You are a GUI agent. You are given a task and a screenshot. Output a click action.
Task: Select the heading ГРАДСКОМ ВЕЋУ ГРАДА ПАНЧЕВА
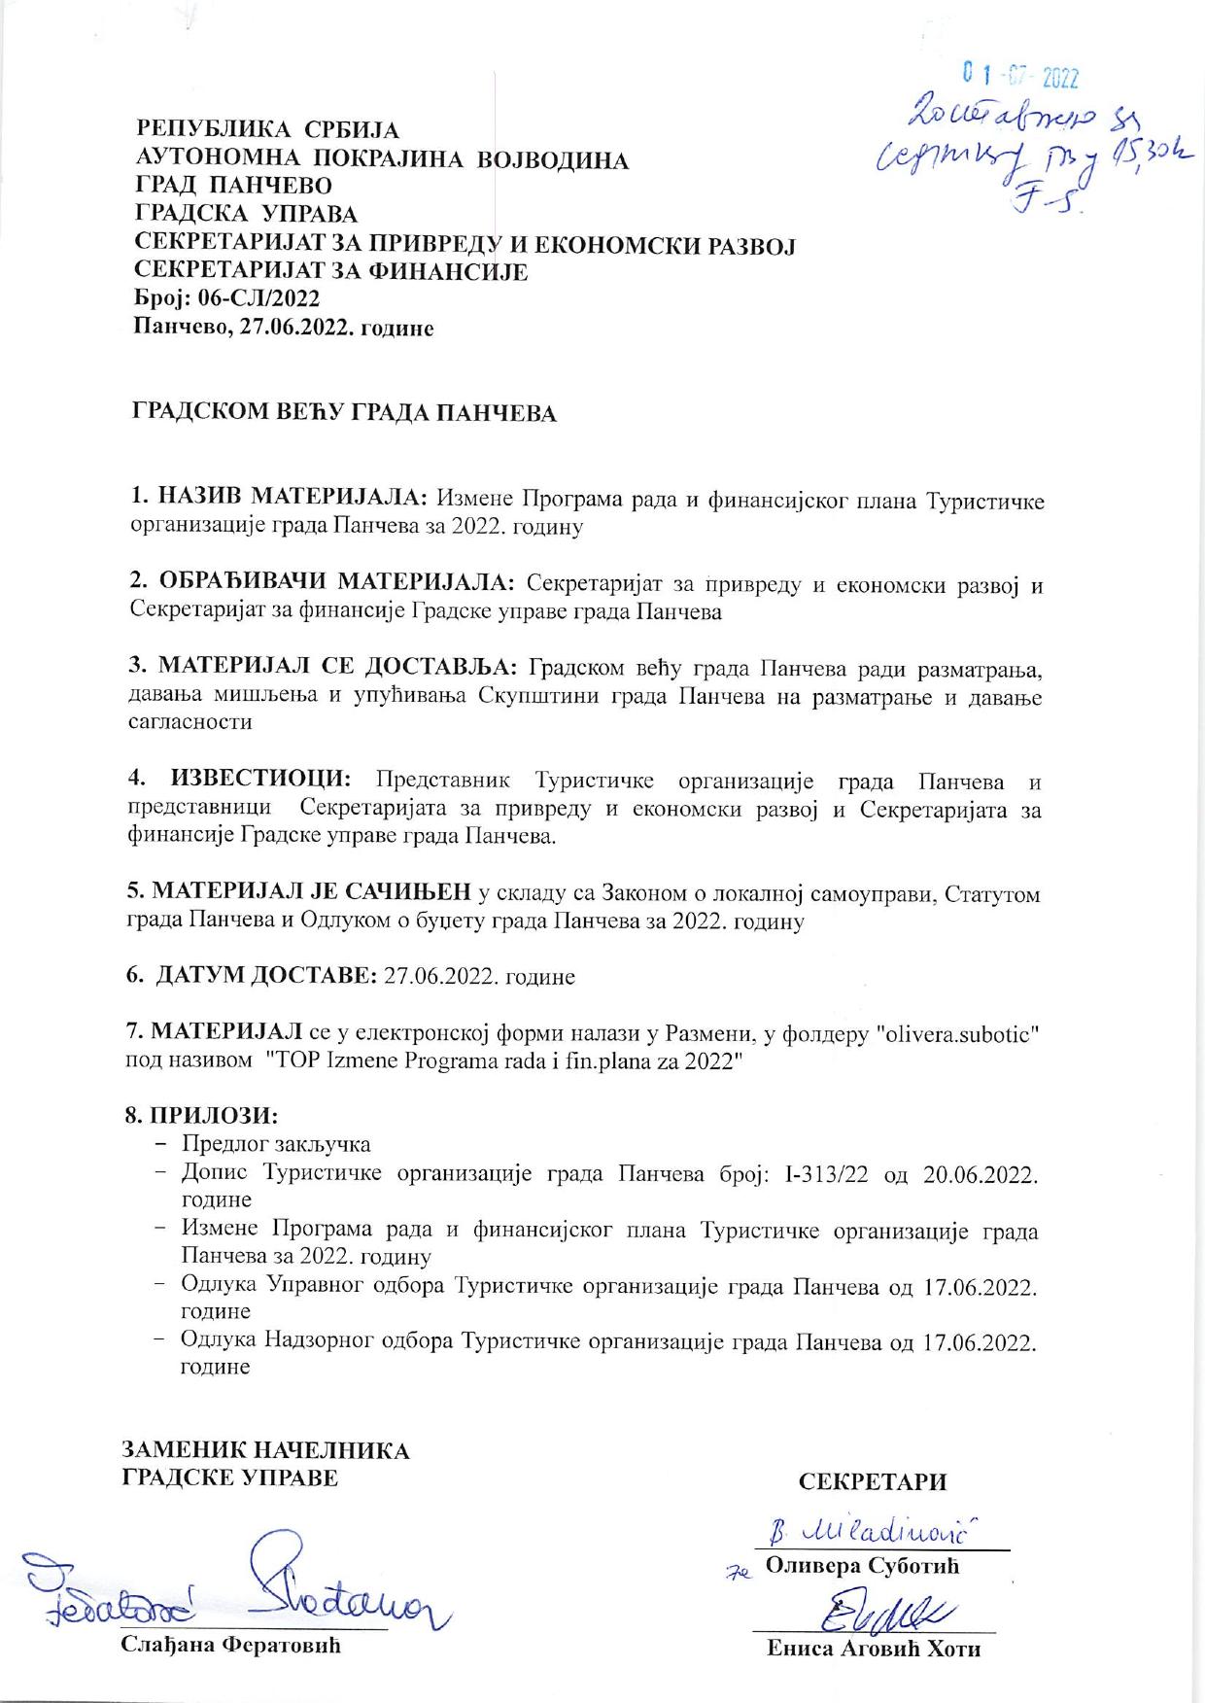pyautogui.click(x=345, y=413)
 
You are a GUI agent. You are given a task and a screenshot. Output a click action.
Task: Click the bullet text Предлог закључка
pyautogui.click(x=276, y=1144)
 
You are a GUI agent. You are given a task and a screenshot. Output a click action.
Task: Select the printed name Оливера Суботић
pyautogui.click(x=862, y=1566)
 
